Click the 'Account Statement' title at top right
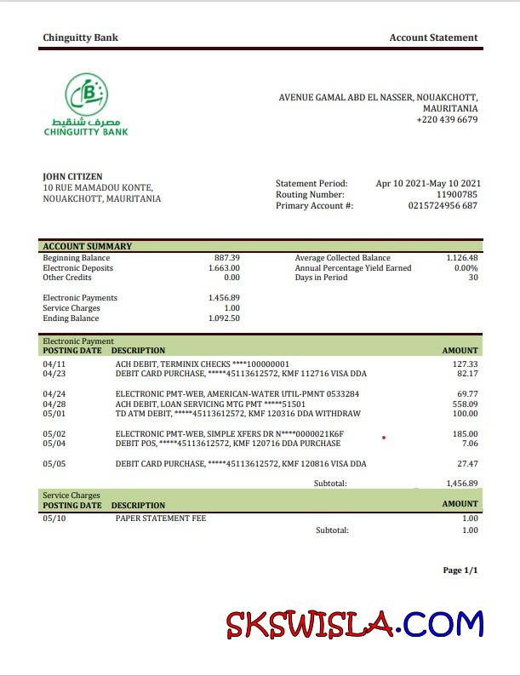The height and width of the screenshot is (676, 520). click(x=433, y=37)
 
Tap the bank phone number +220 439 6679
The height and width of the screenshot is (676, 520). click(x=447, y=120)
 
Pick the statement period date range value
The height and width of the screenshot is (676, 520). click(x=428, y=183)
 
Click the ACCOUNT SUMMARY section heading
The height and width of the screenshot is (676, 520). click(x=88, y=247)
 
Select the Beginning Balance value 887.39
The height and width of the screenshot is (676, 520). click(x=226, y=258)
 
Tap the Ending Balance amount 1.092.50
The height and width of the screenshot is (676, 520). click(x=224, y=318)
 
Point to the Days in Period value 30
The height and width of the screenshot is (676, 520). click(x=472, y=278)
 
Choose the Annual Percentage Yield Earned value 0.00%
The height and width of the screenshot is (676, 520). click(x=466, y=268)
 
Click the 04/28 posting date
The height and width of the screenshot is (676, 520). click(x=54, y=404)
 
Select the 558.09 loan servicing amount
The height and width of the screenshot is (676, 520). click(x=465, y=404)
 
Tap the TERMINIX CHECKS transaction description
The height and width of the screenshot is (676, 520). click(x=203, y=364)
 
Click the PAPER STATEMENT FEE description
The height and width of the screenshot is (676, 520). click(x=161, y=518)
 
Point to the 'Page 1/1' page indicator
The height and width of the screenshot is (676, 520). click(x=460, y=570)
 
